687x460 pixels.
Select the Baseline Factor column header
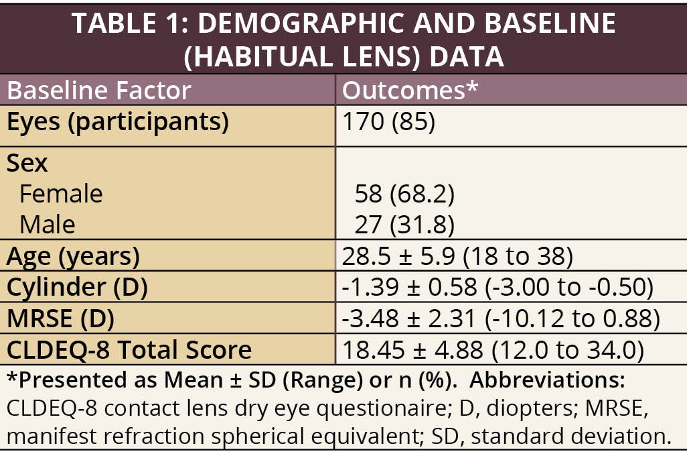99,91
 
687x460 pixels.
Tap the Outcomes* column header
410,91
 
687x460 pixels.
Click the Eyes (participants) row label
118,122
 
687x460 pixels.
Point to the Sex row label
27,163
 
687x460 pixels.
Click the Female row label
61,194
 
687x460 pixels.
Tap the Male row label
48,224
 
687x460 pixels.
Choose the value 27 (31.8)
404,224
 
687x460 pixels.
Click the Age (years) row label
73,256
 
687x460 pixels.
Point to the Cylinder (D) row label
77,287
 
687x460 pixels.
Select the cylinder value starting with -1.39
497,287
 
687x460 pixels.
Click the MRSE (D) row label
60,319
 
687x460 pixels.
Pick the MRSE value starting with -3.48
500,319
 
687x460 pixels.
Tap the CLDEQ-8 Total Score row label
129,349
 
